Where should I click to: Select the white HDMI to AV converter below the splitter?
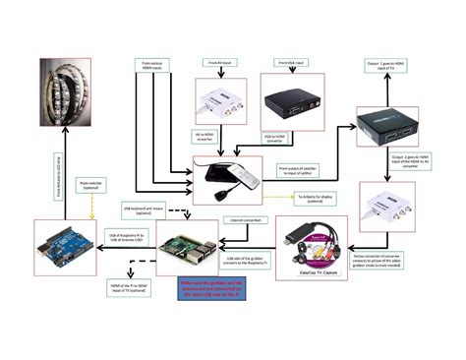coord(389,209)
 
